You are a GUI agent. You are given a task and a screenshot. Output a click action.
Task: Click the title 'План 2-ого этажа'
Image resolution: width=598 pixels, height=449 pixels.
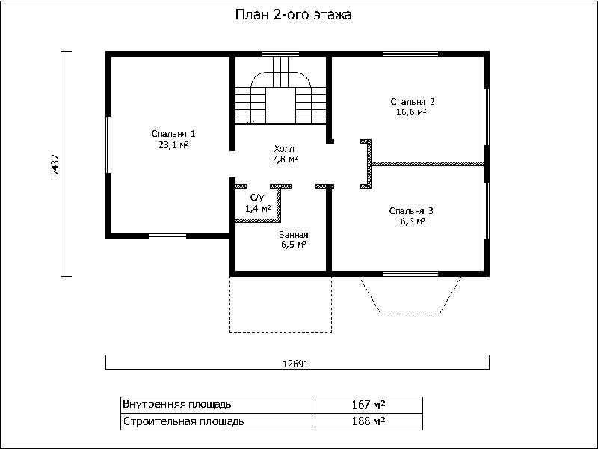293,15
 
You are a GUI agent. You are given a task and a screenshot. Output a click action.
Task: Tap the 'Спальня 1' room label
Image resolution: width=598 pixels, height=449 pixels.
173,134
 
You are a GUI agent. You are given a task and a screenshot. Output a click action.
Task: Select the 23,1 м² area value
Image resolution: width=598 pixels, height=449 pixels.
173,145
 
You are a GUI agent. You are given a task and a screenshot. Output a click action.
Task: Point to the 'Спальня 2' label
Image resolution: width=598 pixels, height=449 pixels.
413,102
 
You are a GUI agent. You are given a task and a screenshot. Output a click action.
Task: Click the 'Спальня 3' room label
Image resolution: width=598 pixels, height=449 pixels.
411,211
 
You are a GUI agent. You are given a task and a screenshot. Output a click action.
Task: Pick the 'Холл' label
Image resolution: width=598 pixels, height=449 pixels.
284,149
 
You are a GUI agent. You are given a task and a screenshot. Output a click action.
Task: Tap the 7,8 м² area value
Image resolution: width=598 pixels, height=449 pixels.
285,159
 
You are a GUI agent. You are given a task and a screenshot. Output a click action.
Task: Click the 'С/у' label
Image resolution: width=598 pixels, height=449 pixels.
256,198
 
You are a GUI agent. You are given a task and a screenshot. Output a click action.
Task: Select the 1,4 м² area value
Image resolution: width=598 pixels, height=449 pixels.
258,209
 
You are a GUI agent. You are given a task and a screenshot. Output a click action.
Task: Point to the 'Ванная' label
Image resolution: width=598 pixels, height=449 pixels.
293,235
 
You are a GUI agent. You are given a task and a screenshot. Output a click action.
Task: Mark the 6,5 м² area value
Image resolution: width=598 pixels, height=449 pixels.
294,245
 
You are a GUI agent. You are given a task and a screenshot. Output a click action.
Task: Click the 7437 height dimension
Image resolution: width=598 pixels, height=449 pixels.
55,164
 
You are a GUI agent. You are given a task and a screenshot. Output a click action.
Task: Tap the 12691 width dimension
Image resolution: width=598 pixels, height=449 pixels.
295,364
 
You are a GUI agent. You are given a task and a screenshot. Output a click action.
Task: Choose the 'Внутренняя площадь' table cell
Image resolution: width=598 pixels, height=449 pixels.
176,404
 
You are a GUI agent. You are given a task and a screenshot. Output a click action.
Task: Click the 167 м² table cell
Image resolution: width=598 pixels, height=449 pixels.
369,404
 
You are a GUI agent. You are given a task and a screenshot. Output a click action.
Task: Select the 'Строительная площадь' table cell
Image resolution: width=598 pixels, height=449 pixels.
183,421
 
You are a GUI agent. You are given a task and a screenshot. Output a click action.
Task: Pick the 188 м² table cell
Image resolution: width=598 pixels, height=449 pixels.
369,421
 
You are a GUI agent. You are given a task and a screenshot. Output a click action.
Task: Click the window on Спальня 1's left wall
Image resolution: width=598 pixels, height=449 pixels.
108,145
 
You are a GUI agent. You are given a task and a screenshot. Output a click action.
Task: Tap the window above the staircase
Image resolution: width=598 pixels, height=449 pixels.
281,54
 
